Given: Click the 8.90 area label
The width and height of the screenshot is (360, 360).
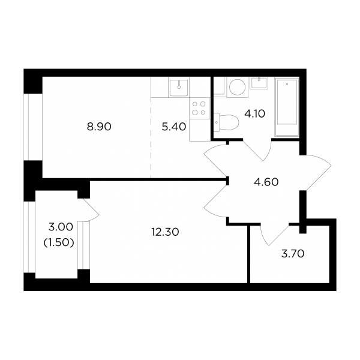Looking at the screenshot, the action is click(99, 127).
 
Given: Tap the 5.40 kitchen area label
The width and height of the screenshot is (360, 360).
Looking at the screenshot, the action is click(174, 127).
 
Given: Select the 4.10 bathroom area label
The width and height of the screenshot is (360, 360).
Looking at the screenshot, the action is click(254, 113).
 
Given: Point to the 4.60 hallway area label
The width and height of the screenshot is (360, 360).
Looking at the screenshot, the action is click(266, 182).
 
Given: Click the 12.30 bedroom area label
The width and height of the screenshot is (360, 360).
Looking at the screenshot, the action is click(165, 232).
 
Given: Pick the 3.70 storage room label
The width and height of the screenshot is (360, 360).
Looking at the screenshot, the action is click(293, 254).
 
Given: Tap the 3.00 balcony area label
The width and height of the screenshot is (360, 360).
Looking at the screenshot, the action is click(61, 227).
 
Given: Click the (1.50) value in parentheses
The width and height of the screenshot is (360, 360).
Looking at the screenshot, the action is click(59, 242).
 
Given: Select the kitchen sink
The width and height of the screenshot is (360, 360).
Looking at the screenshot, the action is click(179, 88).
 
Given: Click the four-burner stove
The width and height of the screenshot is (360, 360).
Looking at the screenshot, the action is click(199, 109).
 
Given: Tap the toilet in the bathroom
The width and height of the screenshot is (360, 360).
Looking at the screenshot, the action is click(226, 122).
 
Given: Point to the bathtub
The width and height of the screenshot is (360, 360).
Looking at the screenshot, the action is click(287, 107).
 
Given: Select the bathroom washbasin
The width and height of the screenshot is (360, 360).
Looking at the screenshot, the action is click(259, 83).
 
